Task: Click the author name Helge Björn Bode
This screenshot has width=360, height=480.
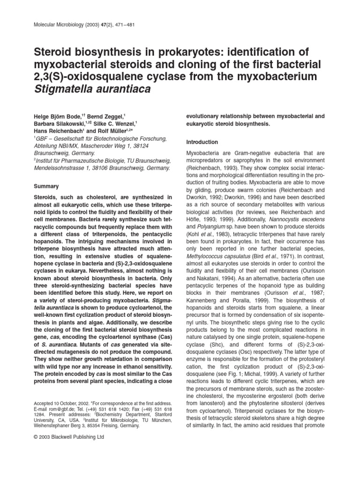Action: tap(57, 115)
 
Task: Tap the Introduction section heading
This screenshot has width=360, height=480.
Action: tap(202, 142)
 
